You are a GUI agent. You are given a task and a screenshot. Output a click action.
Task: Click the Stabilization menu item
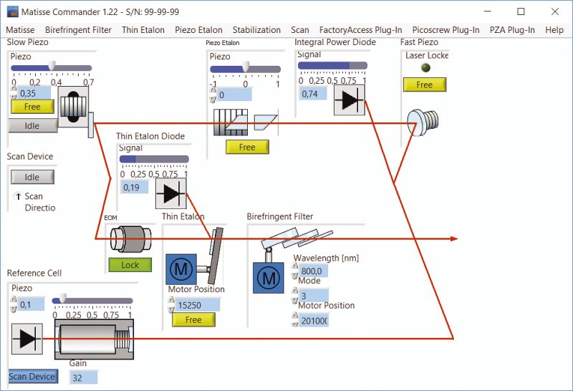[x=256, y=30]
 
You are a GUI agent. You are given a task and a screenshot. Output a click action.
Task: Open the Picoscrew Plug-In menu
[x=446, y=30]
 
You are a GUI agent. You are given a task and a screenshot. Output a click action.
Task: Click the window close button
[x=555, y=11]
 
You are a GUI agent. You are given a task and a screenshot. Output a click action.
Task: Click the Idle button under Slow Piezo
[x=32, y=125]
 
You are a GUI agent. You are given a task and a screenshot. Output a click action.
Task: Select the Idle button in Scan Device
[x=32, y=177]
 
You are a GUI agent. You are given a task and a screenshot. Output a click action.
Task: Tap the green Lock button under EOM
[x=130, y=264]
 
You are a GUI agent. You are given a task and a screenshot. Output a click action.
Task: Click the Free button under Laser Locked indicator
[x=424, y=85]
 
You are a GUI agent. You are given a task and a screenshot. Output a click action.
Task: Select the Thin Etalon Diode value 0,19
[x=134, y=187]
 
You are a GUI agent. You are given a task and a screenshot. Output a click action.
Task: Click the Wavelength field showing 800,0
[x=313, y=271]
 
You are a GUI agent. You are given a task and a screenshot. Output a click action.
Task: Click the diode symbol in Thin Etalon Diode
[x=170, y=194]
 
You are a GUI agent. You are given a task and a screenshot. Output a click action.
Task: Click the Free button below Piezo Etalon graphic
[x=247, y=147]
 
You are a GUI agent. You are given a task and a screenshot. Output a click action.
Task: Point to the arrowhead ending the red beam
[x=453, y=238]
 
